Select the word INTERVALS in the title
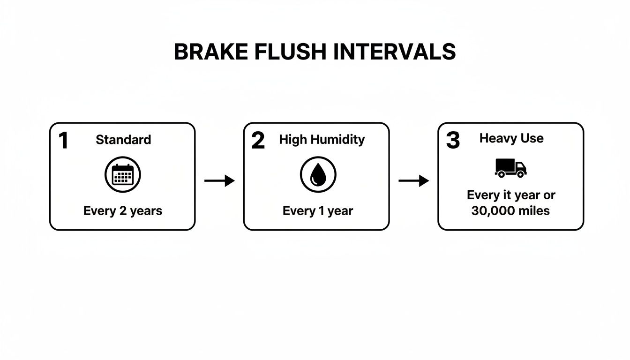(x=395, y=52)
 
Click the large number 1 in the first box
(x=63, y=141)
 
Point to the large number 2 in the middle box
(x=258, y=141)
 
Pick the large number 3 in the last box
(x=452, y=140)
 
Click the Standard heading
(x=123, y=139)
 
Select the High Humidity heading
(x=322, y=139)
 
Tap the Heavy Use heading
(x=511, y=138)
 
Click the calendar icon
(x=123, y=175)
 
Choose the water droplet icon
(x=318, y=174)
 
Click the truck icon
(x=510, y=168)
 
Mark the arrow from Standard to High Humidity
(x=219, y=180)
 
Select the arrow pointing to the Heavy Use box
(x=413, y=180)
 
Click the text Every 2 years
(x=123, y=211)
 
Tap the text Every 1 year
(x=317, y=211)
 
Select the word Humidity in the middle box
(x=337, y=139)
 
